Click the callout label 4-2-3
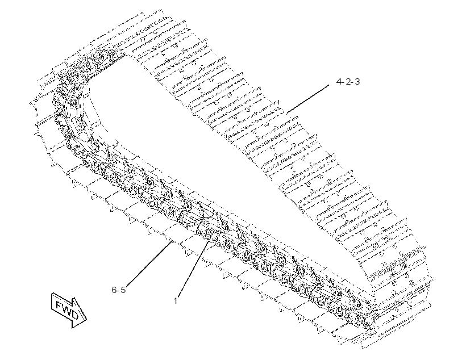click(x=348, y=81)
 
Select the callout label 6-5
click(x=119, y=290)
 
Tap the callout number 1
click(x=176, y=300)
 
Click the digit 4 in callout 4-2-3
click(x=339, y=81)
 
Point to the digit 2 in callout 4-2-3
click(x=348, y=81)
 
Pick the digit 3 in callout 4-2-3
click(x=357, y=81)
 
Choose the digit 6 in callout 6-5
click(x=114, y=290)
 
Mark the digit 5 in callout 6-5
click(x=123, y=290)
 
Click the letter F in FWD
click(x=59, y=304)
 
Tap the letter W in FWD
click(x=66, y=309)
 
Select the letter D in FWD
click(x=74, y=315)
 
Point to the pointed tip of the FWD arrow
click(x=86, y=320)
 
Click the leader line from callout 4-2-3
click(x=308, y=99)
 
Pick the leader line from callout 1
click(x=193, y=269)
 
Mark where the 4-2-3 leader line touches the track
click(x=287, y=113)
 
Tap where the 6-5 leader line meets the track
click(x=172, y=241)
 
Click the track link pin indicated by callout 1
click(x=208, y=235)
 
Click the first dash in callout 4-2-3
click(x=344, y=82)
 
